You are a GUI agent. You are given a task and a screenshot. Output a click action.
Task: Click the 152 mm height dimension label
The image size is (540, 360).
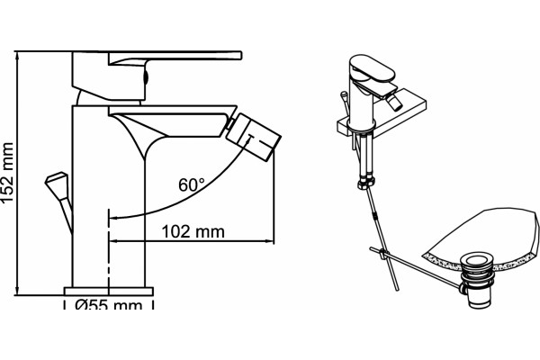[7, 172]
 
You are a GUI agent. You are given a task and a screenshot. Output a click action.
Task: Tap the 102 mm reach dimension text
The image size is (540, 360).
[193, 231]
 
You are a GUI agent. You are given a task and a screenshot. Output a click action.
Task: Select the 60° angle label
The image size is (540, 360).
[192, 185]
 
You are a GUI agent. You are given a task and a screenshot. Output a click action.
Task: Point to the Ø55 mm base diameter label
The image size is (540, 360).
[109, 304]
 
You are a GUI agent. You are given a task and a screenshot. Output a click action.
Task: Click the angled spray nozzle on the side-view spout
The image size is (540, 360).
[254, 137]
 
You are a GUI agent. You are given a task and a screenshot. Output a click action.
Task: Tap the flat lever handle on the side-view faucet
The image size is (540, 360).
[175, 58]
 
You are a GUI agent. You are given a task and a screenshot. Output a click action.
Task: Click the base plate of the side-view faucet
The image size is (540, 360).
[109, 292]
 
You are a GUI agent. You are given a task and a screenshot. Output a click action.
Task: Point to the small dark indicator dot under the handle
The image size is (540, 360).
[145, 76]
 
